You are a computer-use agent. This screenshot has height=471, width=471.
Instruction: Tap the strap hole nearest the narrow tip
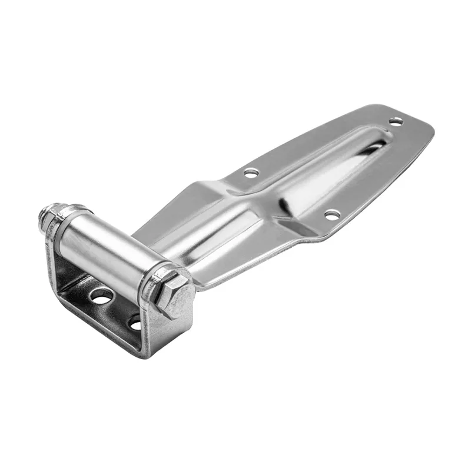coord(396,121)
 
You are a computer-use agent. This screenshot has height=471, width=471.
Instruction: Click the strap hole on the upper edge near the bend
coord(251,173)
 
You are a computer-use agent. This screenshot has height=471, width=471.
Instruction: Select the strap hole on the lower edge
coord(332,215)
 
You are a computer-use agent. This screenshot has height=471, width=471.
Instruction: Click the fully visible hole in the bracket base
coord(102,296)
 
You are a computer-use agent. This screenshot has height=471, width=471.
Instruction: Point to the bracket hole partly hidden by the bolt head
coord(135,322)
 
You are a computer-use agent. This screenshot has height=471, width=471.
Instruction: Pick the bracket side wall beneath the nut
coord(54,259)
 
